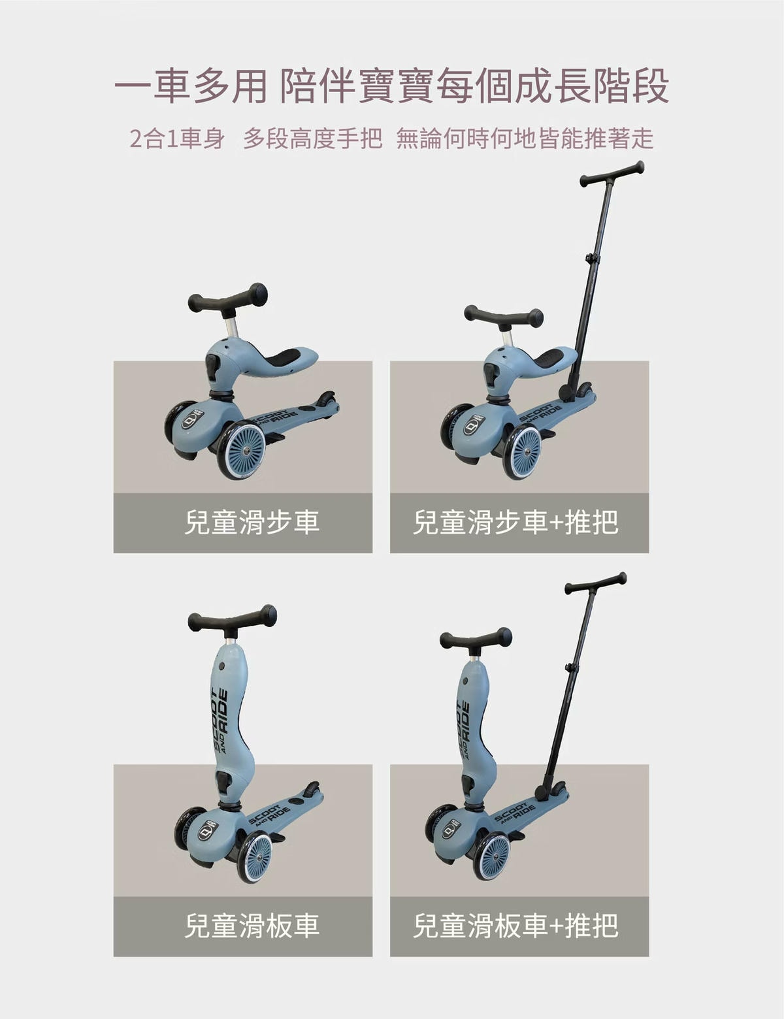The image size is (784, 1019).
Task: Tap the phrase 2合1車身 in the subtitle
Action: [x=177, y=138]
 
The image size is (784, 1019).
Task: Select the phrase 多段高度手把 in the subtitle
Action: [x=312, y=138]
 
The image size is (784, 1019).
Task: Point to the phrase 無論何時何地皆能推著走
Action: [x=525, y=138]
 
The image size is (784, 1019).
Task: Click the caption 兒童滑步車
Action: [x=252, y=523]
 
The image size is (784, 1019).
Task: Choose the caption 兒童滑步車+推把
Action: [x=515, y=523]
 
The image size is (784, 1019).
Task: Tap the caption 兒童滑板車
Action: [x=252, y=926]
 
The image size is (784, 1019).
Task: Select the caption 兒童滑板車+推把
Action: [x=515, y=926]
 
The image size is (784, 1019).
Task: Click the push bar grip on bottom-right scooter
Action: [x=595, y=583]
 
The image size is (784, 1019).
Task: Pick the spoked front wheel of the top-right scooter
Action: [x=522, y=450]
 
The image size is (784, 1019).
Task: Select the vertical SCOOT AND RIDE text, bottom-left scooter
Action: [x=220, y=722]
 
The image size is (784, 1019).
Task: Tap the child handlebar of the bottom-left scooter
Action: [x=232, y=620]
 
